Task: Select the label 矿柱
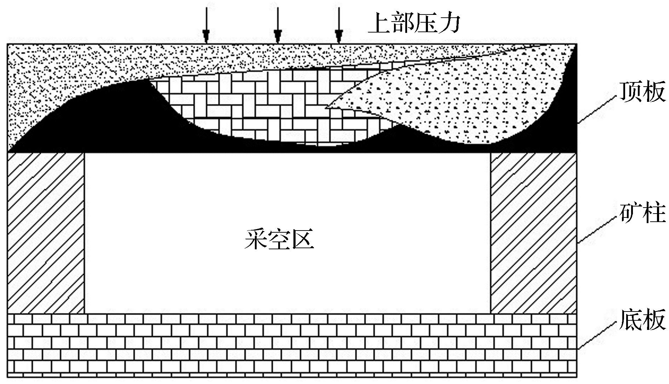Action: [x=642, y=213]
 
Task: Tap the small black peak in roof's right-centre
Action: [x=400, y=136]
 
